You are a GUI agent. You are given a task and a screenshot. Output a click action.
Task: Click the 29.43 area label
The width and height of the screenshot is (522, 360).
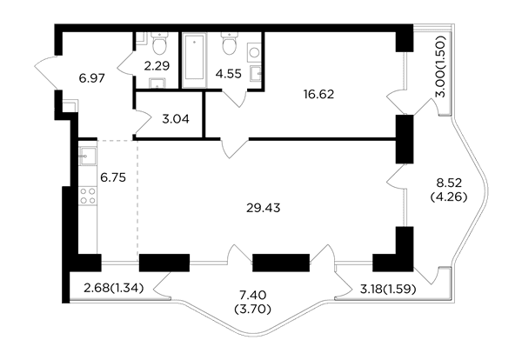tap(263, 208)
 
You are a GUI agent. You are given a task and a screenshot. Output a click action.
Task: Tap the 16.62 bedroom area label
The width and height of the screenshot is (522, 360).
tap(318, 95)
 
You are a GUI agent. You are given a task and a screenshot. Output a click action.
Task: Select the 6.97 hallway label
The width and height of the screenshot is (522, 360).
tap(92, 78)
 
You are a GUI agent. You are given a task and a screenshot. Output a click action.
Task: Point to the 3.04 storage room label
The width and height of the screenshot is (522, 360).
tap(176, 119)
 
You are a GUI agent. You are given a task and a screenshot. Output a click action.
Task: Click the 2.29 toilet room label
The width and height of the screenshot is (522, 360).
tap(157, 66)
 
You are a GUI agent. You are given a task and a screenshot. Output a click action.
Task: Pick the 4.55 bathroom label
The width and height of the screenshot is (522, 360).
tap(228, 74)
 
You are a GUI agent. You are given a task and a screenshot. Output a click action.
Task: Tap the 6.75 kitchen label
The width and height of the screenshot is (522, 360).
tap(113, 177)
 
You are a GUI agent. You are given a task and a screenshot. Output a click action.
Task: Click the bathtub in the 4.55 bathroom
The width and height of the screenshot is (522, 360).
tap(194, 60)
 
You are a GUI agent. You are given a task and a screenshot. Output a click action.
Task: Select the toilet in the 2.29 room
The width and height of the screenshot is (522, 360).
tap(159, 43)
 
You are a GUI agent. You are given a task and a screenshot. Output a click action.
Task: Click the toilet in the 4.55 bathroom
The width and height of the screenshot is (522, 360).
tap(229, 43)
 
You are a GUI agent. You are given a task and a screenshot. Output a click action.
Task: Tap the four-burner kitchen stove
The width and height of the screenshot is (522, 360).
tap(88, 196)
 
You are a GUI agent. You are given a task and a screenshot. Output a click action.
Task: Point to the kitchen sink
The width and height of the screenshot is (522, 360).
tap(88, 156)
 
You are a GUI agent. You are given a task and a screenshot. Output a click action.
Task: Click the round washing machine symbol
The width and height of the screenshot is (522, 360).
tap(254, 52)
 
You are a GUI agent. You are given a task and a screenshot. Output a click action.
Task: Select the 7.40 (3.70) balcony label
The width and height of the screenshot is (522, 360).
tap(253, 302)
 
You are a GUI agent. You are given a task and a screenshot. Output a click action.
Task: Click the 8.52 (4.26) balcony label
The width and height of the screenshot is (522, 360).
tap(449, 190)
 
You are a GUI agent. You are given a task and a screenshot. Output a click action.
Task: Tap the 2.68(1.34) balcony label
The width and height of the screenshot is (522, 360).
tap(113, 288)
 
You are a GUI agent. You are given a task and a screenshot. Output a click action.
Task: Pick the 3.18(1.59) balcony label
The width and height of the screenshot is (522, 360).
tap(388, 290)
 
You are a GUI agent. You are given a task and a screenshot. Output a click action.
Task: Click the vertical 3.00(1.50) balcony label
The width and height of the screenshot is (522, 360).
tap(441, 66)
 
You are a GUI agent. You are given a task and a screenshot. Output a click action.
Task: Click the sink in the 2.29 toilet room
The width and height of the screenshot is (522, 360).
tap(157, 83)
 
